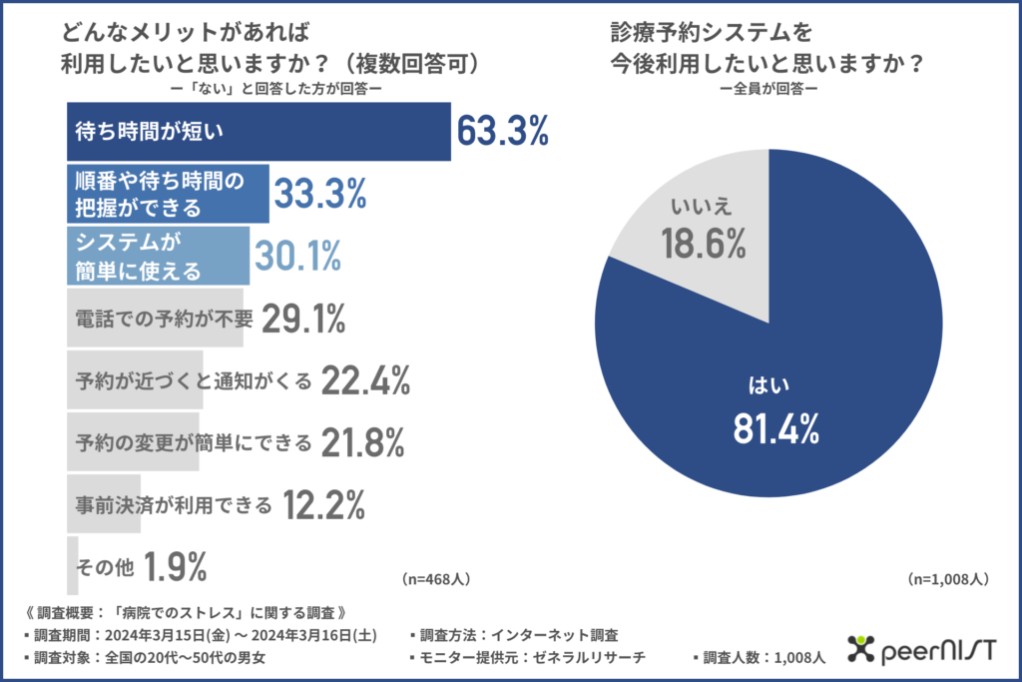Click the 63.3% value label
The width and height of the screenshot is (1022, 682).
tap(503, 131)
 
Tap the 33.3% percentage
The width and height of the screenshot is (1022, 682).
tap(319, 193)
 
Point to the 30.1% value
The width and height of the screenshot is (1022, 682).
tap(297, 256)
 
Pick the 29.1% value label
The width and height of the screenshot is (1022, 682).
tap(303, 319)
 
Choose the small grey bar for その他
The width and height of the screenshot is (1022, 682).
tap(72, 566)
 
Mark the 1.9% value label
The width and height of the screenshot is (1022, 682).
tap(176, 567)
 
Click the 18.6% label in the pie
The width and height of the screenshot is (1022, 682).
tap(702, 241)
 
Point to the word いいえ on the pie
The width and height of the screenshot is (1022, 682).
tap(702, 206)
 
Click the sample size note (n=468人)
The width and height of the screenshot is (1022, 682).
tap(436, 578)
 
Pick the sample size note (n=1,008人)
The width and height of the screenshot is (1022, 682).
tap(948, 578)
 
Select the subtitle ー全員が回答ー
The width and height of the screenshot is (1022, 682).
tap(769, 89)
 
